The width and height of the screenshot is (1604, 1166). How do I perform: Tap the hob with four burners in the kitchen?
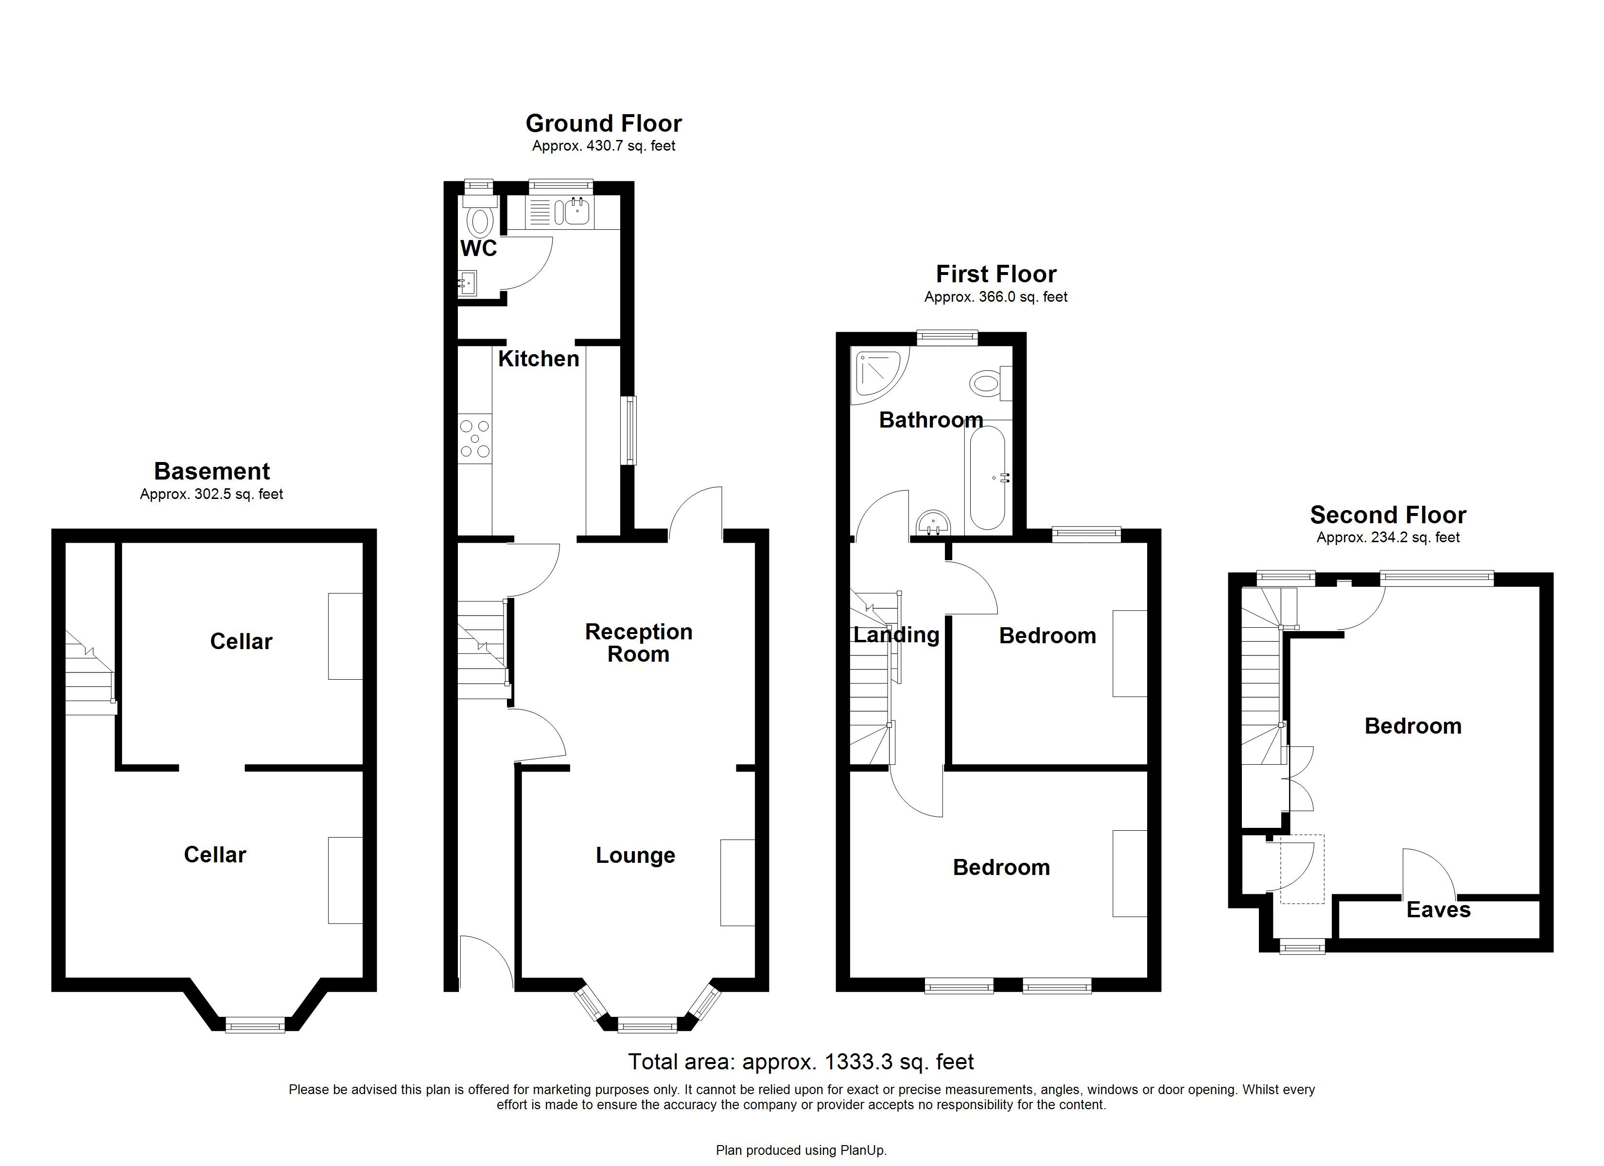[474, 438]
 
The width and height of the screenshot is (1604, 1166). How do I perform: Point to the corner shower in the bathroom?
[877, 375]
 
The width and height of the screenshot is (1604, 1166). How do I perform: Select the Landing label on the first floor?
[896, 634]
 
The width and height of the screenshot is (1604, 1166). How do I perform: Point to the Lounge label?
[635, 855]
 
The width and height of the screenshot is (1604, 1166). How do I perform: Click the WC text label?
[479, 248]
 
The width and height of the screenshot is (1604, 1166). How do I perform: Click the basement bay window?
[255, 1025]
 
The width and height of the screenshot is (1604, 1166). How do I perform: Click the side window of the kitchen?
[628, 430]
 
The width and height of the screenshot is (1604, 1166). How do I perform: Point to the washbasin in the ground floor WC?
[467, 284]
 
